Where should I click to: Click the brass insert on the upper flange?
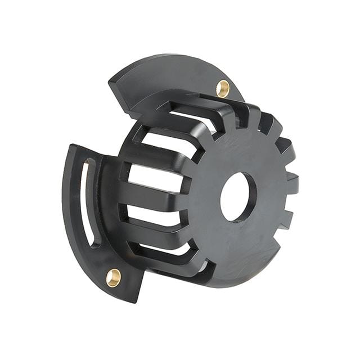coord(223,88)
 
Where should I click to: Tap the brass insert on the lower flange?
coord(114,277)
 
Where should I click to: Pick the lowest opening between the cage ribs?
coord(163,248)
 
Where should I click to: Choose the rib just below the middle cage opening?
coord(155,197)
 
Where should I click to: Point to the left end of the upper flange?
coord(112,82)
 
